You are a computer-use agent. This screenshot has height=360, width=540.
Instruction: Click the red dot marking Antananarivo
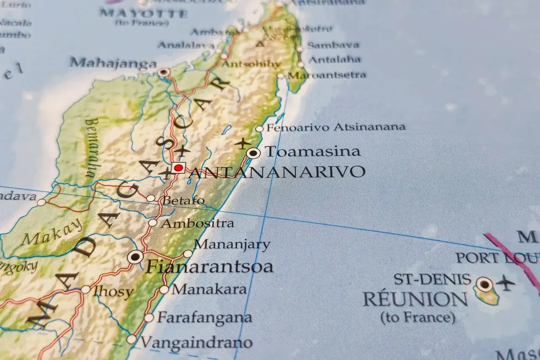click(178, 168)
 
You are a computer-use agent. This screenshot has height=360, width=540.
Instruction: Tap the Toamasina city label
click(312, 152)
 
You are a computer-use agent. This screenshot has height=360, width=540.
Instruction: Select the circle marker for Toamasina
click(253, 153)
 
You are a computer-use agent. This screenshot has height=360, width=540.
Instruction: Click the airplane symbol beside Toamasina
click(243, 143)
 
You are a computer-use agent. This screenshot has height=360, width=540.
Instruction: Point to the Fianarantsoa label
click(209, 267)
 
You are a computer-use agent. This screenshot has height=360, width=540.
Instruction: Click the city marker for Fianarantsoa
click(135, 256)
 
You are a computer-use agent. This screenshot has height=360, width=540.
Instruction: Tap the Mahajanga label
click(113, 63)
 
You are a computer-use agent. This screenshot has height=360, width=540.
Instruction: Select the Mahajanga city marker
click(164, 72)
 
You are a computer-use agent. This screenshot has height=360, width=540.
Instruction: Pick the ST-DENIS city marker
click(484, 284)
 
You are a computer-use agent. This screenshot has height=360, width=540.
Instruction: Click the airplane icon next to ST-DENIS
click(505, 282)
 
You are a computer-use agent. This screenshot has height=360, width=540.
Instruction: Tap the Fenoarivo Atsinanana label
click(336, 127)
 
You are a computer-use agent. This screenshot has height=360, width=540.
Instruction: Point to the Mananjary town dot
click(188, 254)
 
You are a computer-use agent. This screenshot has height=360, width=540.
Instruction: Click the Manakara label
click(209, 290)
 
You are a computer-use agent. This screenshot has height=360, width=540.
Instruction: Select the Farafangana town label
click(205, 317)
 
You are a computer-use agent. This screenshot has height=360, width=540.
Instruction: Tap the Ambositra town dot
click(153, 223)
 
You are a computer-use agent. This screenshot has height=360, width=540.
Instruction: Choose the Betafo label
click(184, 200)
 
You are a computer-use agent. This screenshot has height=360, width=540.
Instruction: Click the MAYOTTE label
click(143, 14)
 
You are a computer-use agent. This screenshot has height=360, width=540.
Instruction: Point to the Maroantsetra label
click(327, 76)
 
